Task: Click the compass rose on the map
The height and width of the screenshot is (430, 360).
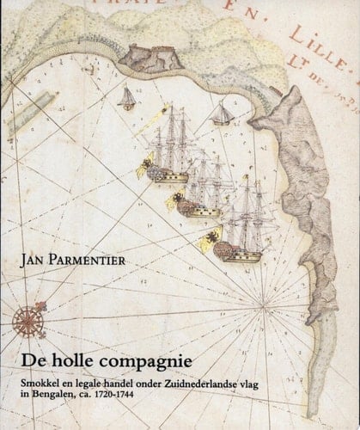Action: (x=28, y=322)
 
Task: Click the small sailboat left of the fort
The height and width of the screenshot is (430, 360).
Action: (x=127, y=98)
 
